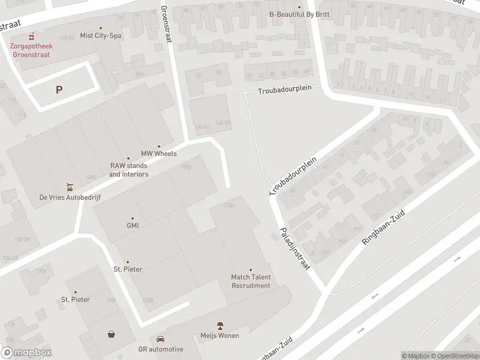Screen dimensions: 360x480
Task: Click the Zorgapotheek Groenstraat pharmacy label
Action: [29, 50]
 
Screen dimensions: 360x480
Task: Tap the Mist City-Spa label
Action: [100, 36]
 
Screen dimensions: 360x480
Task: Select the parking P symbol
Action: [59, 90]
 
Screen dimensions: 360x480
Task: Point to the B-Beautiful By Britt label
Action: [299, 14]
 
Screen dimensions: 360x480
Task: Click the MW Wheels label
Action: [159, 154]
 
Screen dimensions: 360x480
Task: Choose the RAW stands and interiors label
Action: [128, 170]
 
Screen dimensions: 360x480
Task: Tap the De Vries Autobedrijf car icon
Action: [70, 186]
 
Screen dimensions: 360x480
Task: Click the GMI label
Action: [133, 226]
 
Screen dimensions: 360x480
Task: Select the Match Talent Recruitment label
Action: [251, 281]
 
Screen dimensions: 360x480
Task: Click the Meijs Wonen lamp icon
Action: [220, 325]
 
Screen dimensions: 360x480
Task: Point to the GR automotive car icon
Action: [160, 339]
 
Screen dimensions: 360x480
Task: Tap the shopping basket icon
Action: [112, 335]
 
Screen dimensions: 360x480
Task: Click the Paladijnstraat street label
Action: [294, 248]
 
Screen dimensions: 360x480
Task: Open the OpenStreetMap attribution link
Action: [454, 356]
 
